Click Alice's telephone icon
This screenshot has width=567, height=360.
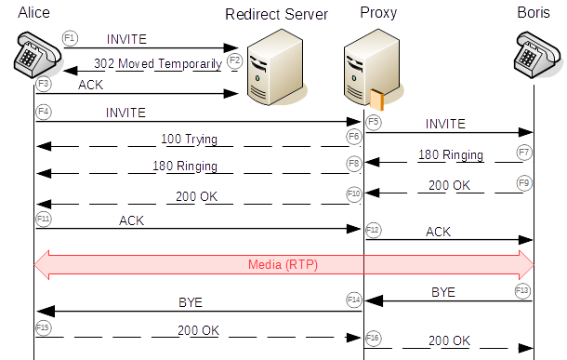[38, 57]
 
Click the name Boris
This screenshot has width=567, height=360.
[534, 11]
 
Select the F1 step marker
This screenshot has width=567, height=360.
[70, 37]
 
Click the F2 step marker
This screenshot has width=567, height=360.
[234, 60]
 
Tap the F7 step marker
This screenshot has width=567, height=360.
[525, 151]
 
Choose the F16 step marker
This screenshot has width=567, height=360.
[373, 337]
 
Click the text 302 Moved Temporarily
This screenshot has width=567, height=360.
[157, 64]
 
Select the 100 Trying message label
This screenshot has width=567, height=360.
[189, 140]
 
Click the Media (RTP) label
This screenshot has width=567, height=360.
[283, 263]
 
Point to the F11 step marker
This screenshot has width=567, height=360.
[43, 218]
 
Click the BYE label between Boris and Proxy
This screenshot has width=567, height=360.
[443, 291]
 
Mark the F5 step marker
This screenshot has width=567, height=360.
[373, 121]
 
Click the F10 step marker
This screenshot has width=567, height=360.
[354, 193]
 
